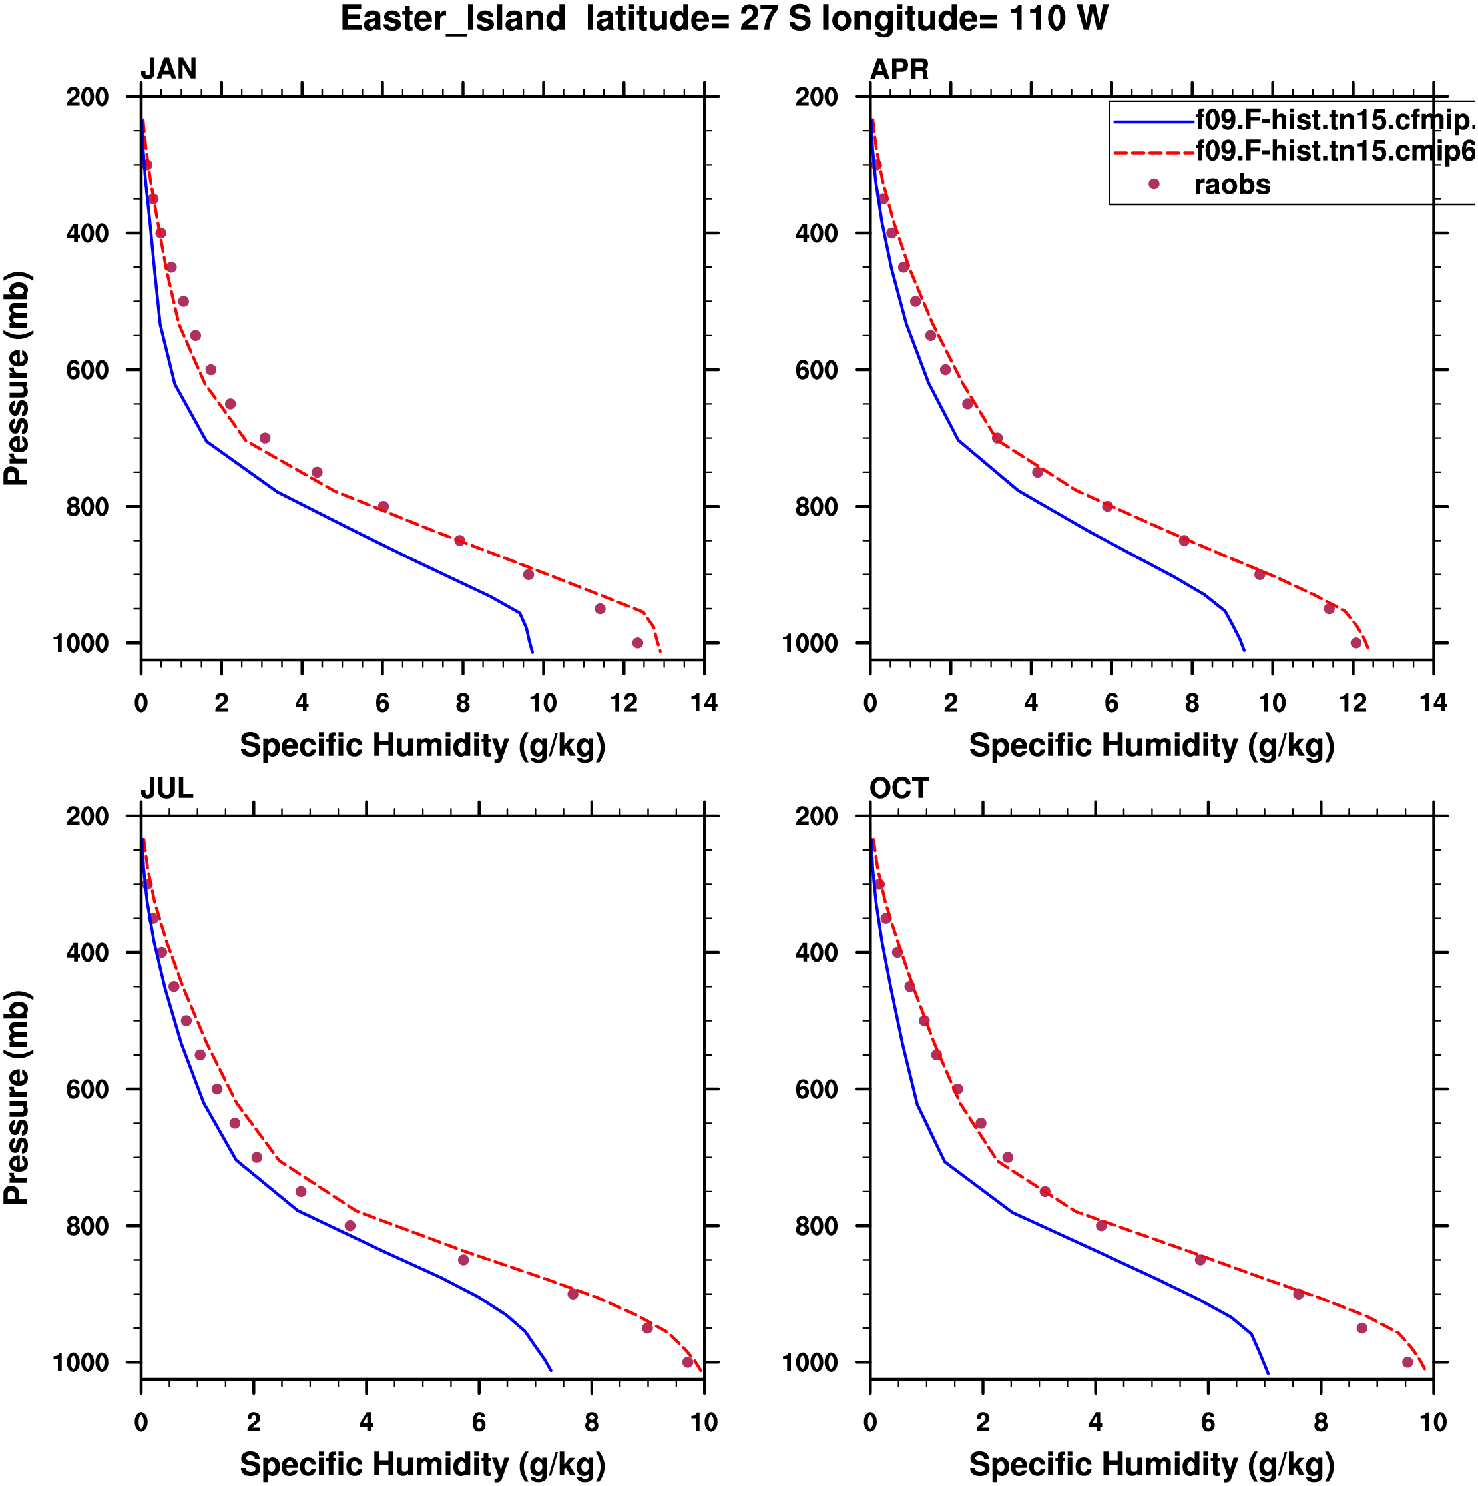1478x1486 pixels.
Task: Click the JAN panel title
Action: pyautogui.click(x=168, y=69)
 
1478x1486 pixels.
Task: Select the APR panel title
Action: pyautogui.click(x=899, y=70)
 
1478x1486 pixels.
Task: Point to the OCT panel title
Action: pyautogui.click(x=899, y=789)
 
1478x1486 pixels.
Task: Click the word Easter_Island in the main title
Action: pyautogui.click(x=453, y=19)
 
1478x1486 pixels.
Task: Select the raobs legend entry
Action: pyautogui.click(x=1231, y=185)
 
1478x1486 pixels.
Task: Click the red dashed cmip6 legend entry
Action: pyautogui.click(x=1334, y=151)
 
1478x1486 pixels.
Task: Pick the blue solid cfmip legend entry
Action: pyautogui.click(x=1334, y=120)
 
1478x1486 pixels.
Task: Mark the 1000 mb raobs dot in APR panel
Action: pyautogui.click(x=1355, y=643)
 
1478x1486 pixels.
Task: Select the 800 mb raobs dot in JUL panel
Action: pyautogui.click(x=350, y=1226)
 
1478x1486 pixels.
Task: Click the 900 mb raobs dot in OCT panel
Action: pyautogui.click(x=1298, y=1294)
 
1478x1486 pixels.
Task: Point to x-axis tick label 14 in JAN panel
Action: pyautogui.click(x=704, y=703)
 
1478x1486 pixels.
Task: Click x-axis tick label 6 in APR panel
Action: pyautogui.click(x=1111, y=703)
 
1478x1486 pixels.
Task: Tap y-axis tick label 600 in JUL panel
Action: pyautogui.click(x=87, y=1089)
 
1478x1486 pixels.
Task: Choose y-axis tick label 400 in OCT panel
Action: pyautogui.click(x=817, y=953)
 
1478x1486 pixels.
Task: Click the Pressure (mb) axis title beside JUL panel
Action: pyautogui.click(x=17, y=1098)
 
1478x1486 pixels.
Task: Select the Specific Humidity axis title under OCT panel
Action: pyautogui.click(x=1151, y=1464)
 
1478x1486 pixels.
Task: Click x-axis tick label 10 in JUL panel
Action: pyautogui.click(x=704, y=1422)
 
